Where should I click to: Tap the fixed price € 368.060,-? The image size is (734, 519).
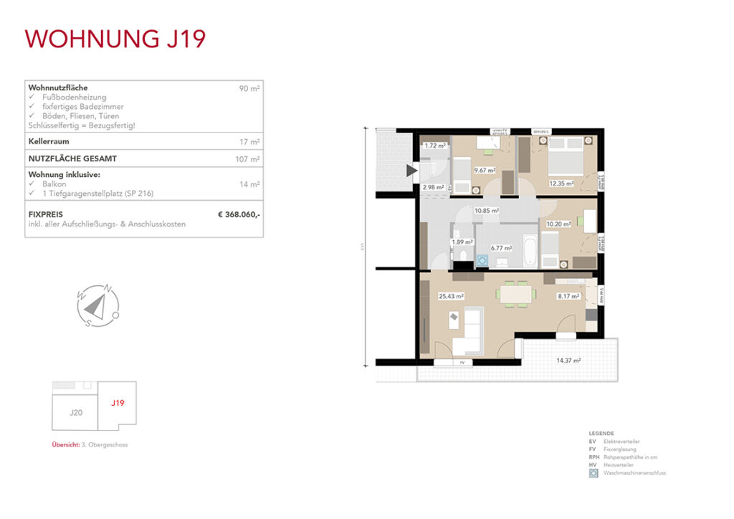click(239, 214)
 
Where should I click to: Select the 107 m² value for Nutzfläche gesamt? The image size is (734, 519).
click(247, 159)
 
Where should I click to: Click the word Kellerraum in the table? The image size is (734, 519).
click(49, 142)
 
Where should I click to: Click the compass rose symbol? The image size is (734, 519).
click(97, 306)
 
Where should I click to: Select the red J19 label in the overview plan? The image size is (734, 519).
click(118, 403)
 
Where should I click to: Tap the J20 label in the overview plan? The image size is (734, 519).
click(76, 413)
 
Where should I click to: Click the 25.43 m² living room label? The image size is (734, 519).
click(452, 295)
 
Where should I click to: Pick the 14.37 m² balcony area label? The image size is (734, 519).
click(566, 361)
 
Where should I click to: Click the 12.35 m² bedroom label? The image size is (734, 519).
click(562, 184)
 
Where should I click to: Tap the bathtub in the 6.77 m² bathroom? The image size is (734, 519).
click(528, 249)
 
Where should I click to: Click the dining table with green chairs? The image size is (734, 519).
click(516, 294)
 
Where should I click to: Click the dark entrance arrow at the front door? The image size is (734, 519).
click(411, 170)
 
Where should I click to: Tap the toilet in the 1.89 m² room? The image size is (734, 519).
click(464, 257)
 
